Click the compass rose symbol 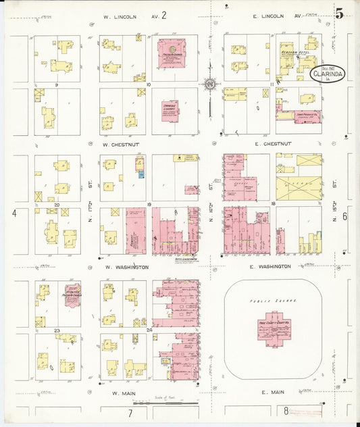click(211, 84)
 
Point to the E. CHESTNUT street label click(274, 144)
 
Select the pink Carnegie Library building click(170, 110)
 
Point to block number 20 click(57, 204)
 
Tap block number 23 click(57, 330)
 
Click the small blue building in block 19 click(141, 174)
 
